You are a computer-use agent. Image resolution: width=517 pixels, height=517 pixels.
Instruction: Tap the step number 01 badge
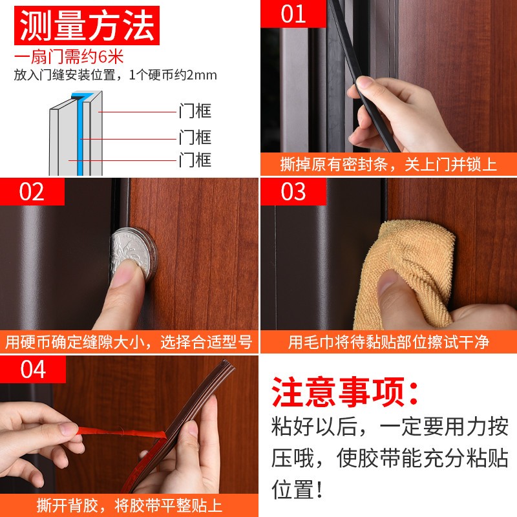[x=293, y=14]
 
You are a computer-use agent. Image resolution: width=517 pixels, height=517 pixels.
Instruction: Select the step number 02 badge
[x=32, y=192]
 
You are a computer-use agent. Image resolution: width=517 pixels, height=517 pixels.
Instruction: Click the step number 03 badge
[x=293, y=192]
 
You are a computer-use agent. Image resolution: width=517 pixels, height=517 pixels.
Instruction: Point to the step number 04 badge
[x=32, y=370]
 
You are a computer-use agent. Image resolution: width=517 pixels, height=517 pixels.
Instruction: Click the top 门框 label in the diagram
[x=195, y=111]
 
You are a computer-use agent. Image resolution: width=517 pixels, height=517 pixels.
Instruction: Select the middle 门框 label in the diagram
[x=195, y=137]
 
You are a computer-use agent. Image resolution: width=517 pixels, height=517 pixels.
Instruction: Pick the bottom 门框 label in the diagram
[x=195, y=160]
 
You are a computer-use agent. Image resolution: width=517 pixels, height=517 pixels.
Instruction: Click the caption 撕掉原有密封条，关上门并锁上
[x=388, y=164]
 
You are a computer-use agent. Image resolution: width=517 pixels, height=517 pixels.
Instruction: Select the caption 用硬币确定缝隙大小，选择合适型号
[x=129, y=341]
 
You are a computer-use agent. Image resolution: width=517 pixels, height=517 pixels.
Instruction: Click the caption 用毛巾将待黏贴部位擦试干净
[x=388, y=341]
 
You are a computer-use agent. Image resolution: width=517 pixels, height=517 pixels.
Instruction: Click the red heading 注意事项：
[x=345, y=392]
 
